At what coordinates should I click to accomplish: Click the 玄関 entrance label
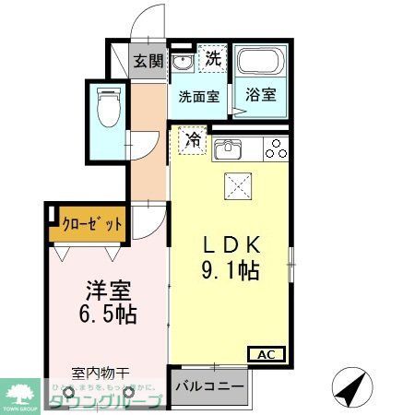point(148,62)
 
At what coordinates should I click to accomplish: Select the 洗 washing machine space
point(212,58)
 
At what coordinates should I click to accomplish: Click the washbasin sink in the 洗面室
point(183,63)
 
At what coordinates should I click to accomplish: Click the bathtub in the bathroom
point(260,62)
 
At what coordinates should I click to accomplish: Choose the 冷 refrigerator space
point(193,140)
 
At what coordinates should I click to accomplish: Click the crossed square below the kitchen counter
point(238,185)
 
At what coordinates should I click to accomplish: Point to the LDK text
point(234,245)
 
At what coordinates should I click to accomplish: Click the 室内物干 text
point(101,373)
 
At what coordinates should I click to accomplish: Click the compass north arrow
point(350,385)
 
